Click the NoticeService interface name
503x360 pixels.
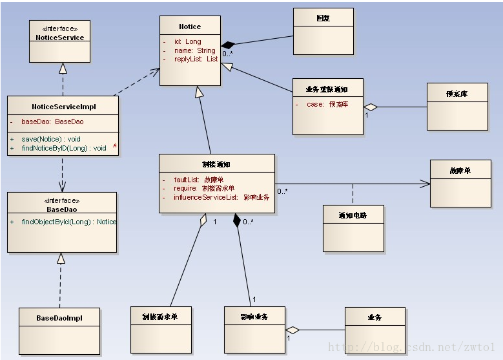59,37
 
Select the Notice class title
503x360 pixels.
190,26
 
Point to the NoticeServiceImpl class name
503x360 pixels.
63,107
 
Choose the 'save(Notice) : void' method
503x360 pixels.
51,139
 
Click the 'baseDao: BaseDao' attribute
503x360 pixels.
52,122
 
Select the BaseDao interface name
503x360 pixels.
62,209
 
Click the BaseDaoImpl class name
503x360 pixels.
59,318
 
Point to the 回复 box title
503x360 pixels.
323,18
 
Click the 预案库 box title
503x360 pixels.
457,94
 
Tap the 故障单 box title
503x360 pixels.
460,170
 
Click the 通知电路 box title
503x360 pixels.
353,215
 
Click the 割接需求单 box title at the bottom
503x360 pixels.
160,317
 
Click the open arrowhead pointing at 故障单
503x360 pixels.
425,184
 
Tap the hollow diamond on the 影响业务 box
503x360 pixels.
293,330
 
